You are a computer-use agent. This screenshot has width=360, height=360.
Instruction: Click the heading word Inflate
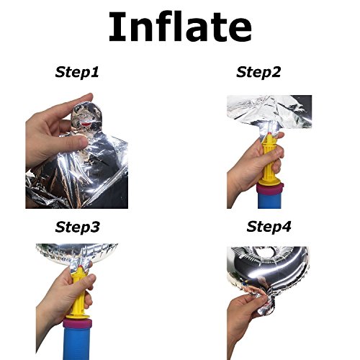click(180, 27)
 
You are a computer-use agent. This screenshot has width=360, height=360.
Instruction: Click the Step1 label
click(77, 72)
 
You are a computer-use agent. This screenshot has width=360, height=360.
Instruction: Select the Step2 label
click(258, 72)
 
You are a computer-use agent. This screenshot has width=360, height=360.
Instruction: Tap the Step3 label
click(77, 227)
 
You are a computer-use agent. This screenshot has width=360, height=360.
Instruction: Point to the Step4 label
click(269, 227)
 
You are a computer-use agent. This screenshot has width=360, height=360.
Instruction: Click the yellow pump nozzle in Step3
click(78, 293)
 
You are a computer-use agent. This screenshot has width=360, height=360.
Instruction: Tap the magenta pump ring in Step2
click(270, 189)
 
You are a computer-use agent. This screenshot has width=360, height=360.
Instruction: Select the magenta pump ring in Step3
click(77, 323)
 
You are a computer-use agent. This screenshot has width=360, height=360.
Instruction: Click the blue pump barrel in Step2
click(270, 201)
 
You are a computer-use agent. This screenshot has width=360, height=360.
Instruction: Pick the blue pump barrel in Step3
click(77, 343)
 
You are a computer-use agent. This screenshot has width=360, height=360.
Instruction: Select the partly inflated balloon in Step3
click(76, 254)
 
